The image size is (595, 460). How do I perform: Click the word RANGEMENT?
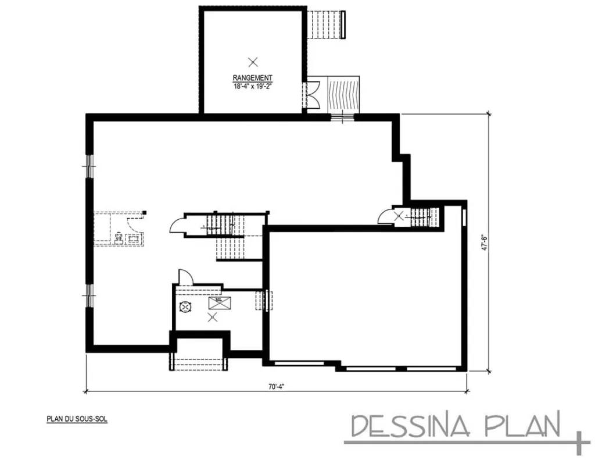pyautogui.click(x=252, y=78)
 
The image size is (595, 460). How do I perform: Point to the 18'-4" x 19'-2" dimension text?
pyautogui.click(x=252, y=85)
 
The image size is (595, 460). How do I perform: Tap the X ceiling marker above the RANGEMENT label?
pyautogui.click(x=252, y=61)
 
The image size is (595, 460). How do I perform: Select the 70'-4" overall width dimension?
pyautogui.click(x=275, y=385)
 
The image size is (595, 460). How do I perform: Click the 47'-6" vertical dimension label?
pyautogui.click(x=483, y=242)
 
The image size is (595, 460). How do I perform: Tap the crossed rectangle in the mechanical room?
pyautogui.click(x=220, y=303)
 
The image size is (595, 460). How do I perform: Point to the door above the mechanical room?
pyautogui.click(x=183, y=277)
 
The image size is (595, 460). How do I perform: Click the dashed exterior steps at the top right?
pyautogui.click(x=326, y=24)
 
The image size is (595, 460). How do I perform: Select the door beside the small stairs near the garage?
pyautogui.click(x=385, y=217)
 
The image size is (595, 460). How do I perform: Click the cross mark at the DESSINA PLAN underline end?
pyautogui.click(x=579, y=443)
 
